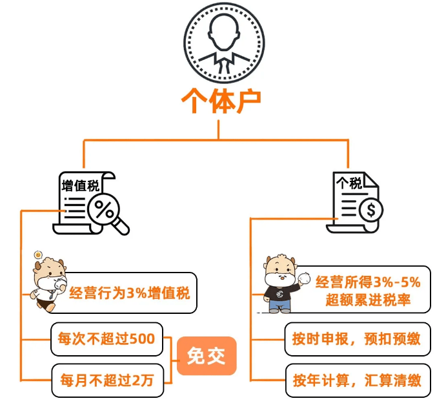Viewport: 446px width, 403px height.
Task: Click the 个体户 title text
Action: click(221, 101)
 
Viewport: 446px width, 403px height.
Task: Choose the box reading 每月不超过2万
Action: click(107, 380)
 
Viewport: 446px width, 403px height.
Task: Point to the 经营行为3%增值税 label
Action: click(129, 294)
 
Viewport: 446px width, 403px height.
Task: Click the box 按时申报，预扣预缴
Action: click(357, 338)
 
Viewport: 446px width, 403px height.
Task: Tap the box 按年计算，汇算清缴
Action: click(357, 380)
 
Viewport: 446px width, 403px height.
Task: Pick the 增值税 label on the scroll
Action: click(80, 186)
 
